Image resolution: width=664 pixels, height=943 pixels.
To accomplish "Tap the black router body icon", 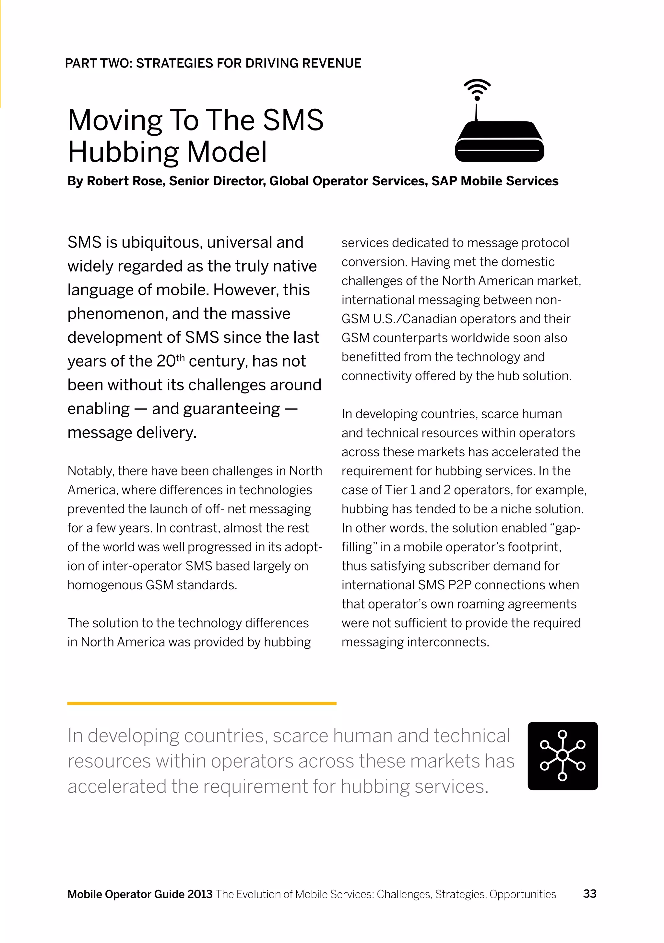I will (499, 142).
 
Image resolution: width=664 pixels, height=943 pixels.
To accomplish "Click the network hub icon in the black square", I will (562, 756).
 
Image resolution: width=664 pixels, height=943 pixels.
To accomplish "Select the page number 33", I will (590, 894).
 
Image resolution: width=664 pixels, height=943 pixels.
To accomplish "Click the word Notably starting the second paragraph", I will (91, 471).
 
